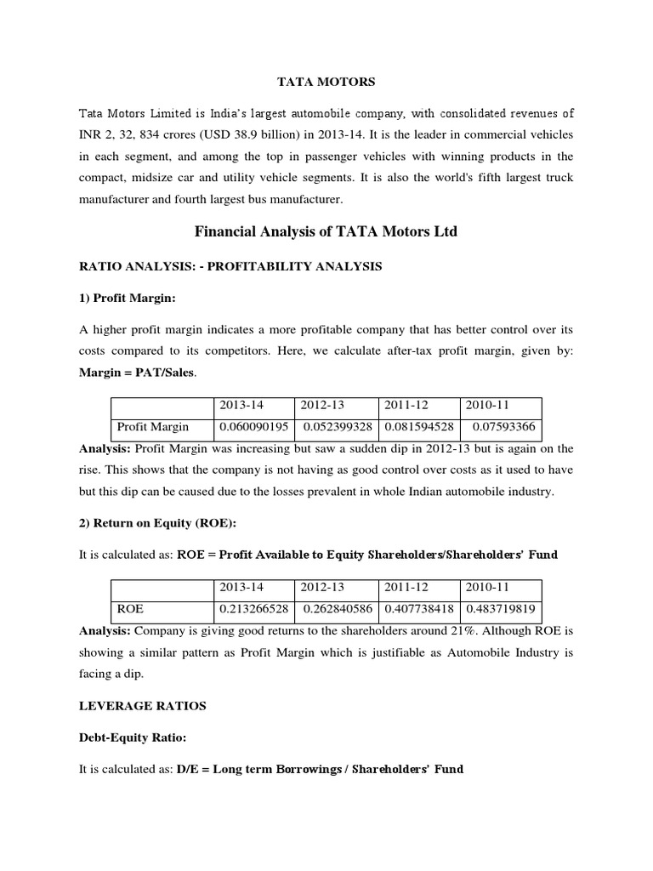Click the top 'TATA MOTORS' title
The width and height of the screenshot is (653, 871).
tap(326, 83)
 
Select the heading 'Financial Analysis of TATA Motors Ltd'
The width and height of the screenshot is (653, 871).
tap(326, 231)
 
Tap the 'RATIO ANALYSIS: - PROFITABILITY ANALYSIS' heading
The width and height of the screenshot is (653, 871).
tap(230, 267)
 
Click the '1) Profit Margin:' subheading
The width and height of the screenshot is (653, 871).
tap(126, 299)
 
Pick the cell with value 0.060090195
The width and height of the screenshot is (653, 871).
tap(253, 427)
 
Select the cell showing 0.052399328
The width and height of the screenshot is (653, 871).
tap(338, 427)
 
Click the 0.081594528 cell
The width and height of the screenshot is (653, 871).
tap(420, 427)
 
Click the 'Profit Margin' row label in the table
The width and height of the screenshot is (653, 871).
tap(153, 427)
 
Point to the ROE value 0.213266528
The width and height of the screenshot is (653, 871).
tap(253, 609)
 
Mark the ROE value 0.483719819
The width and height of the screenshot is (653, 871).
tap(501, 609)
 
